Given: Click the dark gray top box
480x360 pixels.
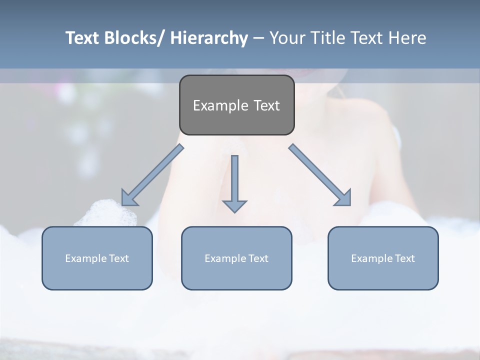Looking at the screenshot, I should pyautogui.click(x=236, y=105).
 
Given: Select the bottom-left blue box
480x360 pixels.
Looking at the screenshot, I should pyautogui.click(x=97, y=258).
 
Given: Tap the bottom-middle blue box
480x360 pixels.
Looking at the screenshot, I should pyautogui.click(x=236, y=258).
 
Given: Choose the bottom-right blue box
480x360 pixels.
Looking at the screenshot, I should pyautogui.click(x=383, y=258).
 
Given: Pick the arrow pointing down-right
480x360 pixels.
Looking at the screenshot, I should pyautogui.click(x=320, y=175).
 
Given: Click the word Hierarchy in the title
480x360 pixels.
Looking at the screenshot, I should pyautogui.click(x=209, y=38).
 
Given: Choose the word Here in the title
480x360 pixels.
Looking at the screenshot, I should pyautogui.click(x=407, y=38).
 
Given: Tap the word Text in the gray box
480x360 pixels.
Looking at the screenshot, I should pyautogui.click(x=265, y=105).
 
